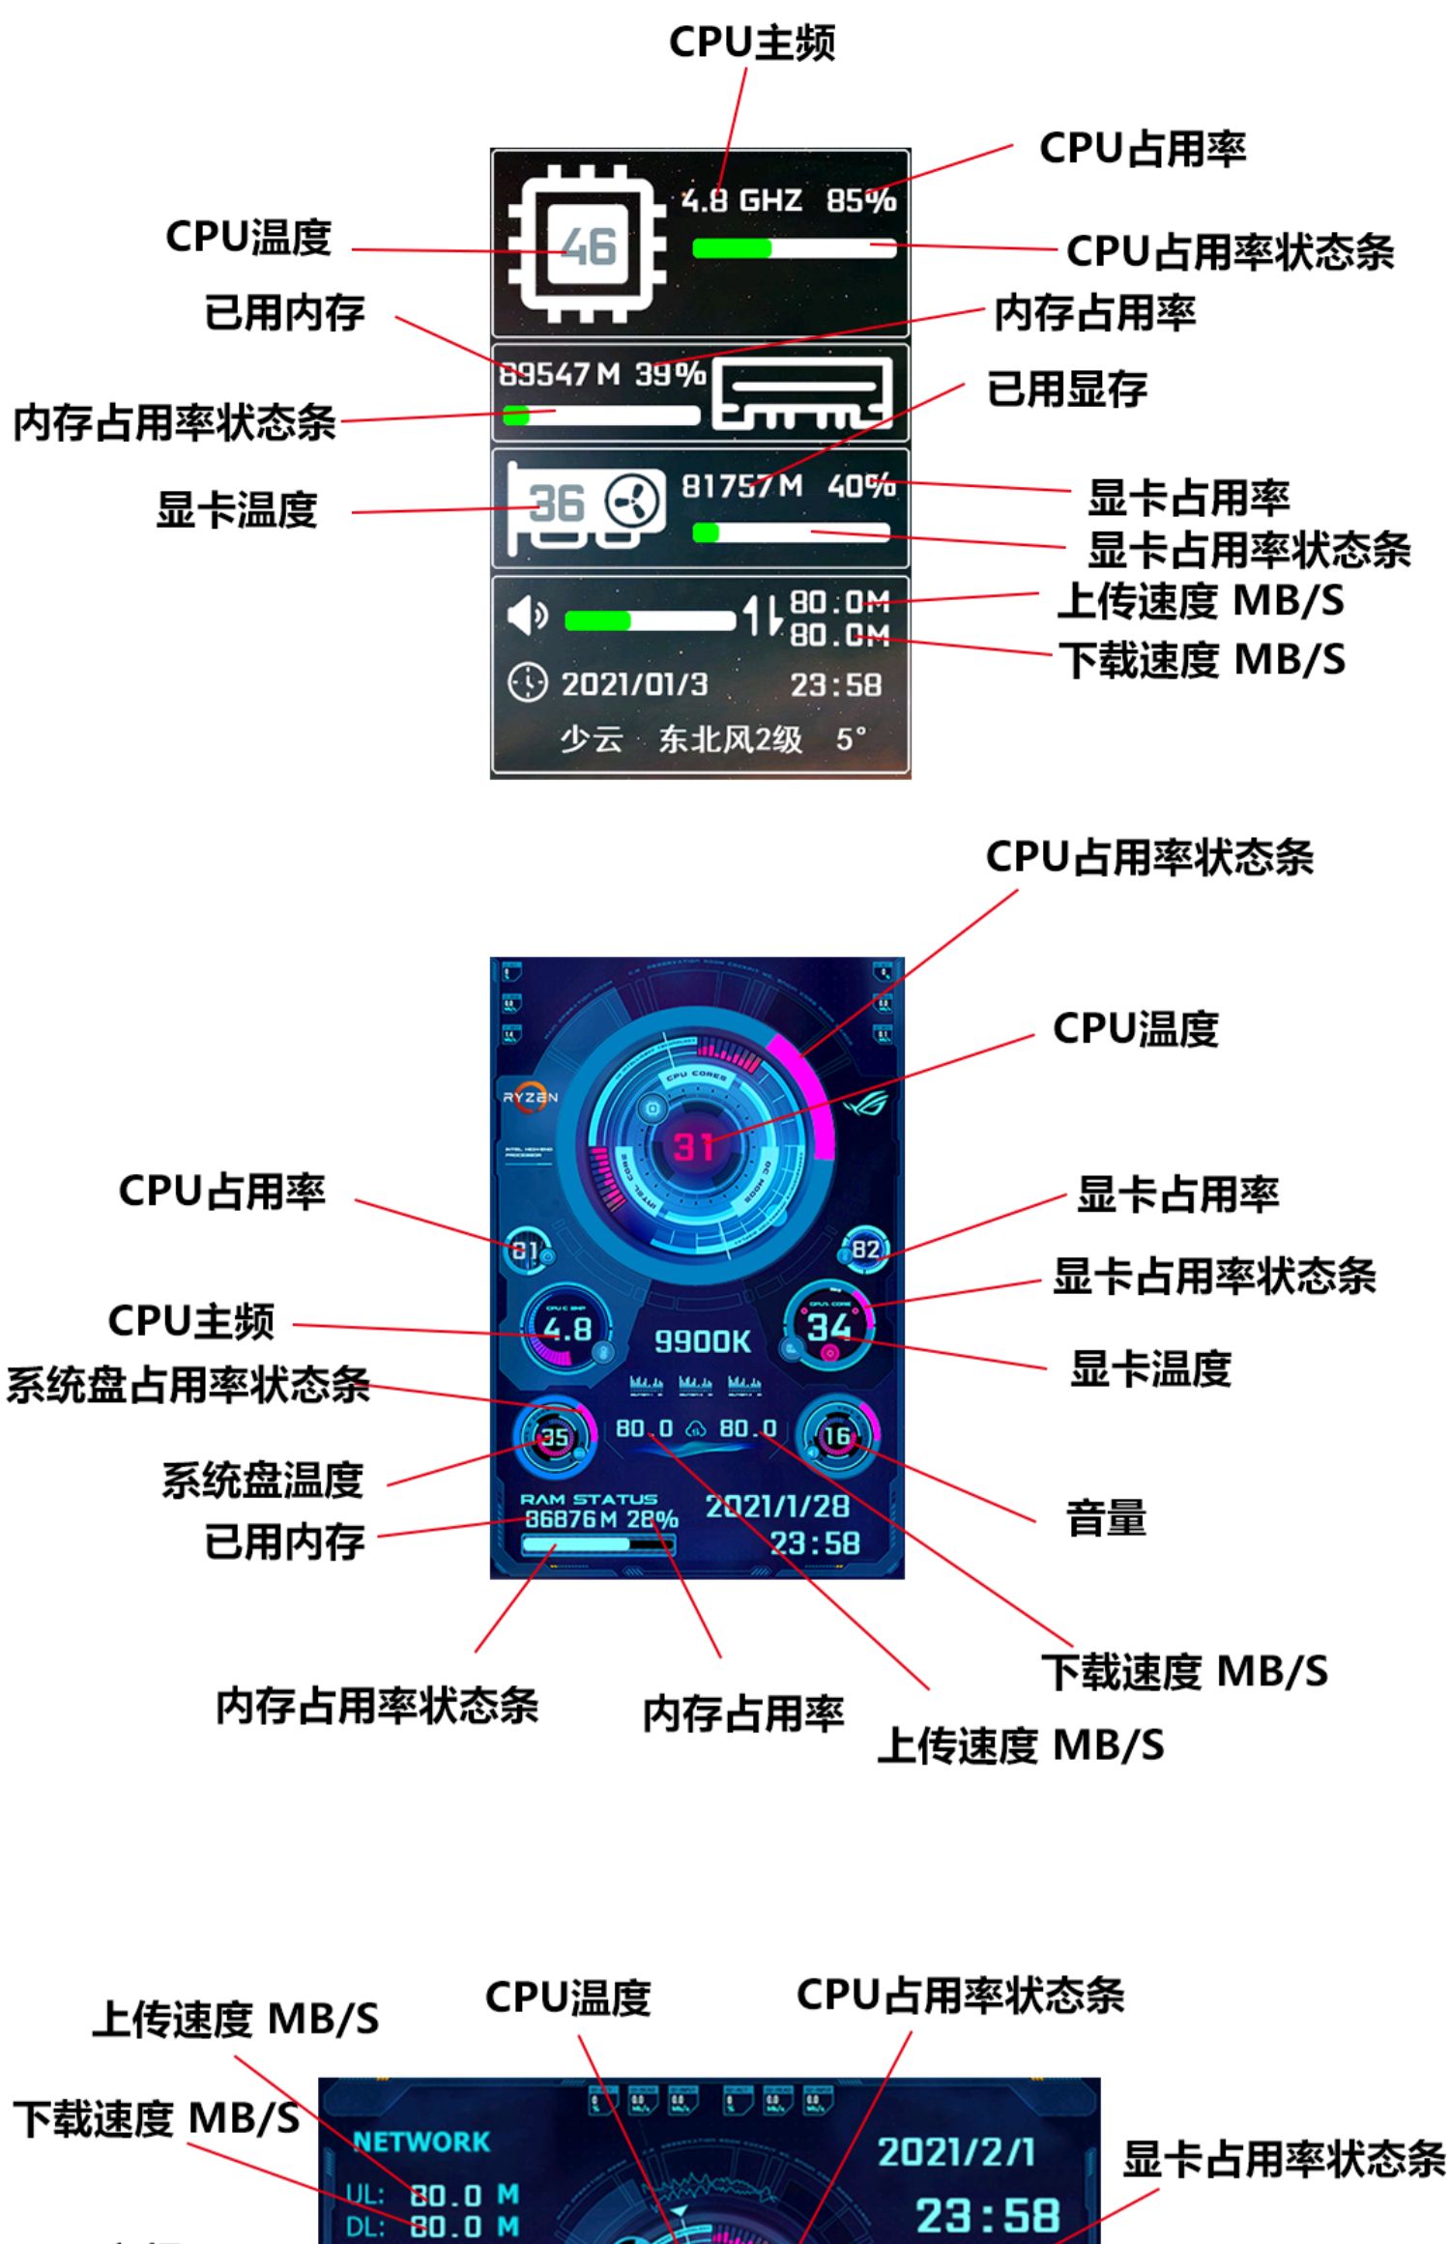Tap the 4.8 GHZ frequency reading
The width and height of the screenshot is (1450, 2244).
(741, 200)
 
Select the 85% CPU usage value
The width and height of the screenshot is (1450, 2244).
(860, 200)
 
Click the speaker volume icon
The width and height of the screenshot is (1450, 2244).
(527, 615)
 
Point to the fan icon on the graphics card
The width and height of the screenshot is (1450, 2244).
(633, 501)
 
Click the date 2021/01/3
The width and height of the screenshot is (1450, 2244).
(635, 684)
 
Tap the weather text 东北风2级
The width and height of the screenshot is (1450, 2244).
(730, 739)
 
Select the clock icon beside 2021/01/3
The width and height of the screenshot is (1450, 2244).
(527, 682)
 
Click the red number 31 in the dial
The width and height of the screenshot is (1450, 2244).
(693, 1147)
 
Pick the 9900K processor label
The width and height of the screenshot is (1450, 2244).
(702, 1340)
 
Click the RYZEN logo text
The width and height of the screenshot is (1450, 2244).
(530, 1097)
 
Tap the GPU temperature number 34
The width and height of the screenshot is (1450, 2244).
(829, 1326)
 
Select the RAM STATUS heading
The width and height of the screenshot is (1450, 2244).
(589, 1499)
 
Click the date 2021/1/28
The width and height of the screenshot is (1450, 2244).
(777, 1506)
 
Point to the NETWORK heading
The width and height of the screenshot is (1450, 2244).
(422, 2142)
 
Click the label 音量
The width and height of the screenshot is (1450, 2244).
(1106, 1518)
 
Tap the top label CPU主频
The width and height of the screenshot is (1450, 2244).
(752, 42)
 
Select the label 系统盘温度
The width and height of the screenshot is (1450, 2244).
(262, 1480)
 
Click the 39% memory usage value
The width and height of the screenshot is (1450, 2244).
(670, 373)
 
